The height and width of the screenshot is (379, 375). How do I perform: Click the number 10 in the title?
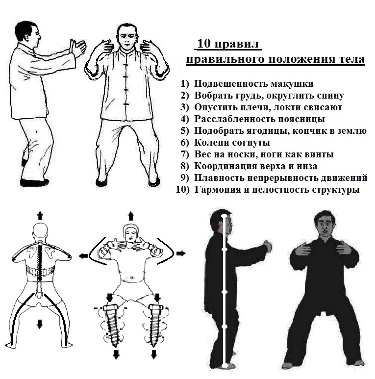(x=204, y=44)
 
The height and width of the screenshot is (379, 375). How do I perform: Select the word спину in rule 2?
(x=330, y=96)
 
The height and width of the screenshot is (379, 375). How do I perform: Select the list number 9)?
(x=184, y=178)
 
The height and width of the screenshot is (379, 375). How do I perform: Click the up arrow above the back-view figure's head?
(x=40, y=215)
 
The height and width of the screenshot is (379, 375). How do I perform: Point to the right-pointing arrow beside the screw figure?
(x=181, y=253)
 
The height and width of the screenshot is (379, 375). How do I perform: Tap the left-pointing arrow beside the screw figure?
(x=84, y=255)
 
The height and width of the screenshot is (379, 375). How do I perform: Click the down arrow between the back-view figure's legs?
(x=40, y=324)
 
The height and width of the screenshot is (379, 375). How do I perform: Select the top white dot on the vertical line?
(x=225, y=216)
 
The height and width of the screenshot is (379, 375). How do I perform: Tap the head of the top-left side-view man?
(x=27, y=34)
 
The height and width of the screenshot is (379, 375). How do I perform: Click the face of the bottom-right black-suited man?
(x=326, y=226)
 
